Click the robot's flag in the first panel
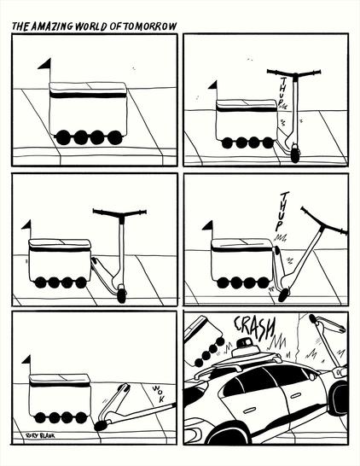point(44,63)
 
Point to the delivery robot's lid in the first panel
point(88,89)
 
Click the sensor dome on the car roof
point(245,347)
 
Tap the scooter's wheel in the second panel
point(294,154)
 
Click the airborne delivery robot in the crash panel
point(201,338)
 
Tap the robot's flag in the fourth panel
point(206,226)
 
